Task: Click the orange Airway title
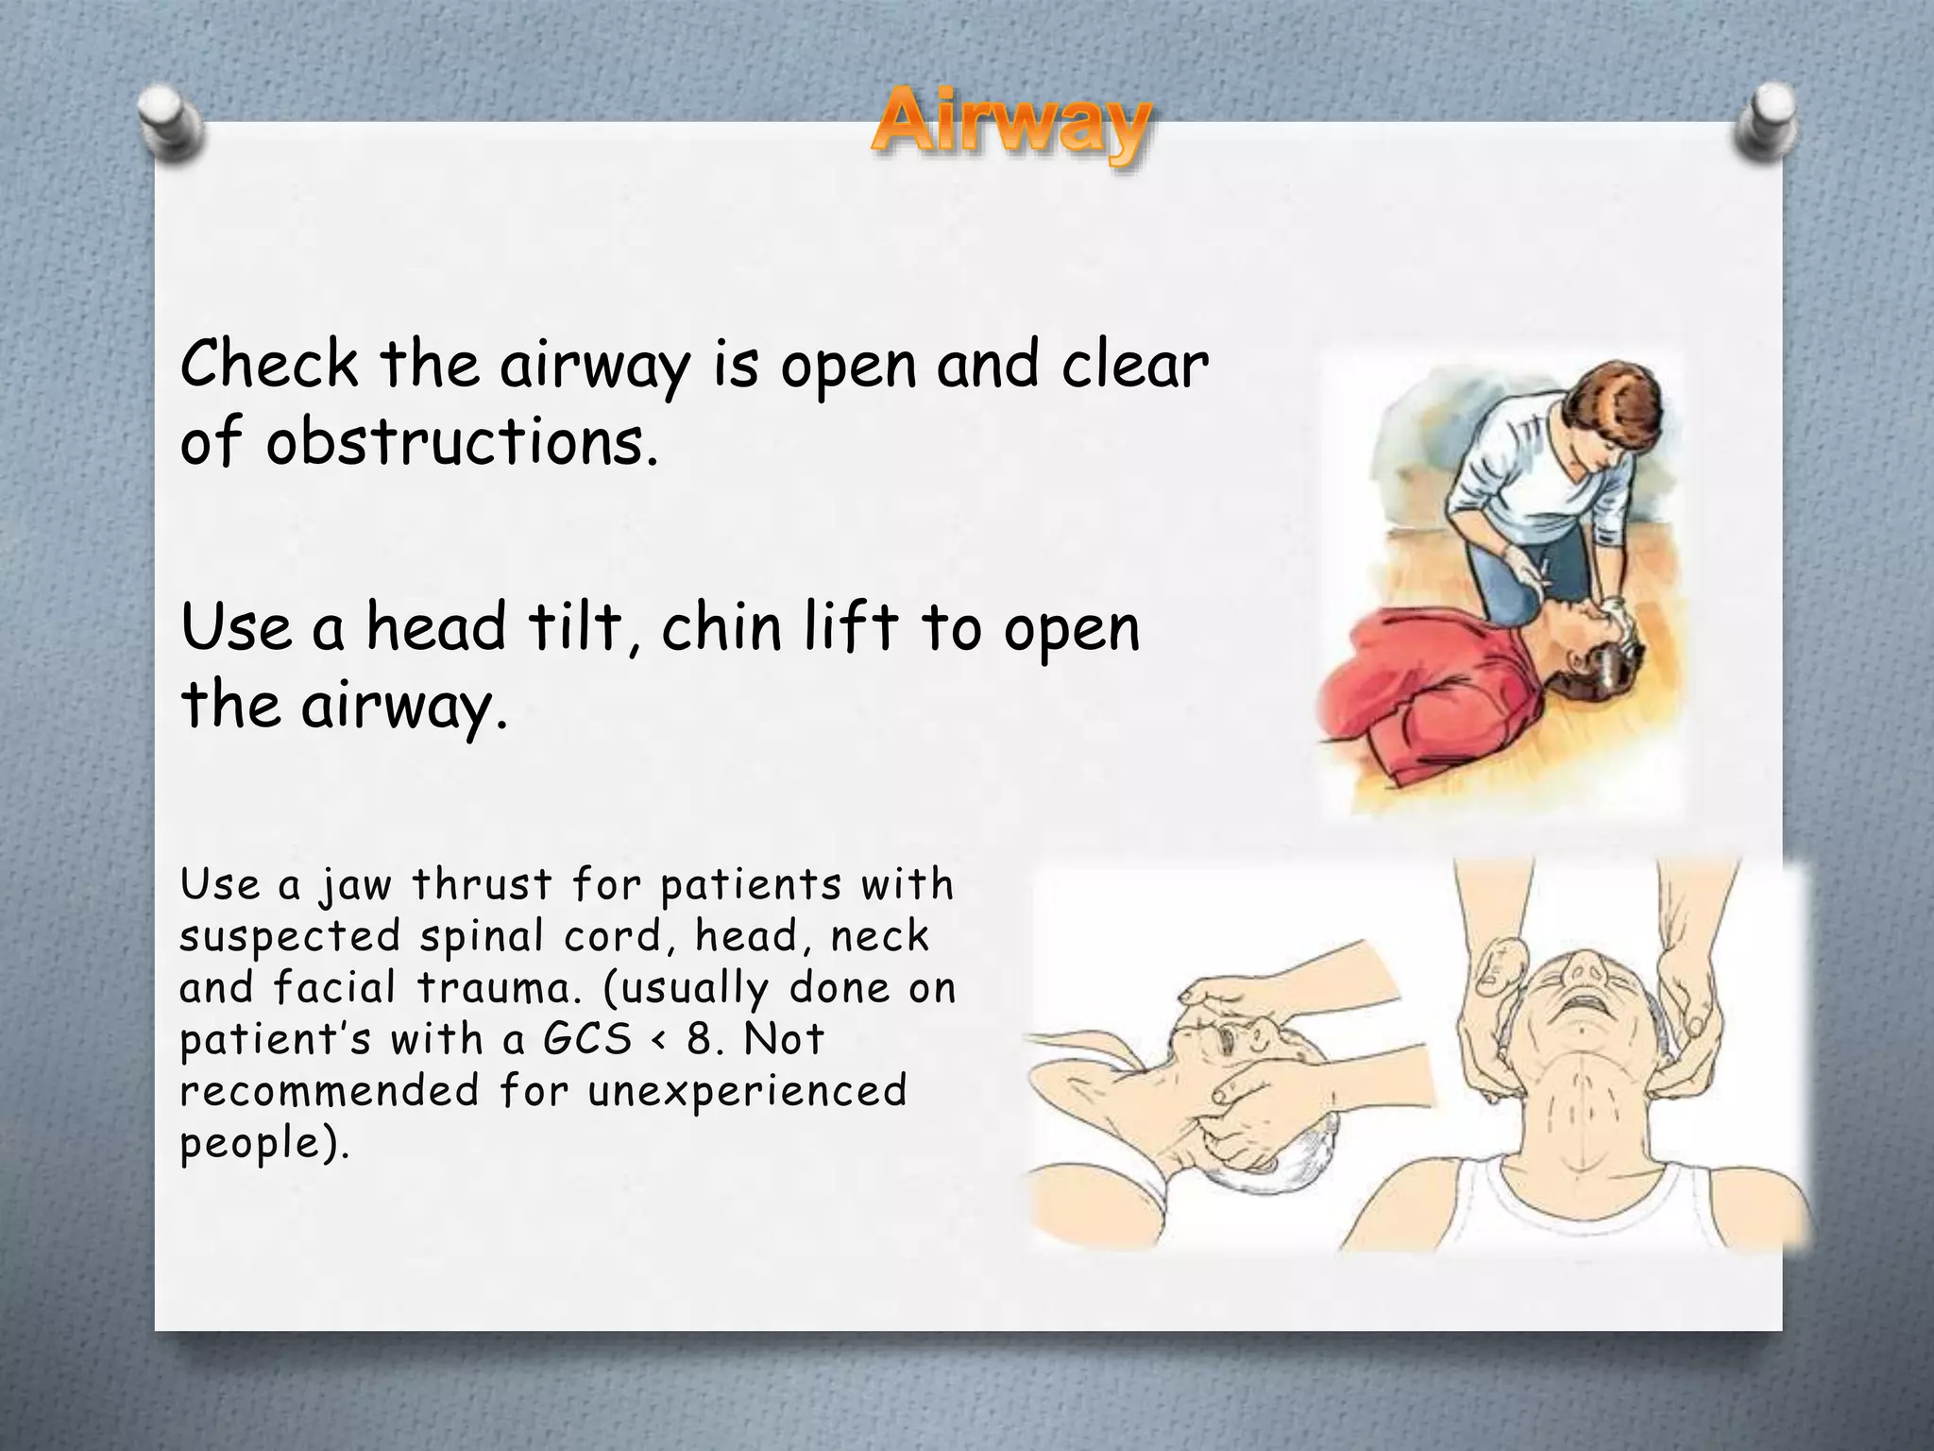pos(1010,129)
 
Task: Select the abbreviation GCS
pos(586,1041)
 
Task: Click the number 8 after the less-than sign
pos(699,1041)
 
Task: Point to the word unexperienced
pos(747,1092)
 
